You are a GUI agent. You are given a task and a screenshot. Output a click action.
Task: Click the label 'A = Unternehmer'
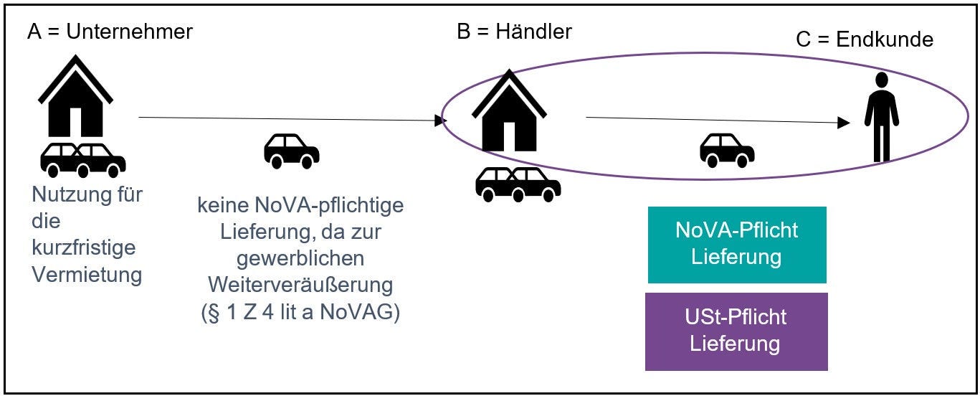click(110, 32)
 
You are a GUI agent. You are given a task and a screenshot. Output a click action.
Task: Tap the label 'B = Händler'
click(514, 32)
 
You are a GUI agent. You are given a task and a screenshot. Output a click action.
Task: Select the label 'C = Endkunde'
click(865, 39)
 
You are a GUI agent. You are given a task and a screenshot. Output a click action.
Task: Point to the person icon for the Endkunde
click(881, 116)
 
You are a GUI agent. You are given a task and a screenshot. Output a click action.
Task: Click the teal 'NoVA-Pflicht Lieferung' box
click(736, 244)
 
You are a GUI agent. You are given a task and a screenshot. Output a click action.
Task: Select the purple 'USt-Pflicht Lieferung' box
click(736, 330)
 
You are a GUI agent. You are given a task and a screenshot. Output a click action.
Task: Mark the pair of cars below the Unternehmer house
click(82, 159)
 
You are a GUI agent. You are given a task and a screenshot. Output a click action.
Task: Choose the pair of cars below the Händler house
click(518, 184)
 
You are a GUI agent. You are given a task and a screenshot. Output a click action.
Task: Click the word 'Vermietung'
click(87, 274)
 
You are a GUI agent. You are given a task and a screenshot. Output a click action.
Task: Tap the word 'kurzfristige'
click(84, 247)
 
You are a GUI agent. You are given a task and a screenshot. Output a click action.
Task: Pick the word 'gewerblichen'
click(300, 258)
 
